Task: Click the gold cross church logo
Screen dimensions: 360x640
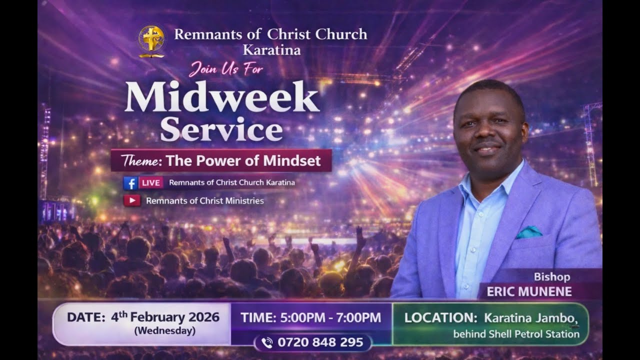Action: (x=151, y=41)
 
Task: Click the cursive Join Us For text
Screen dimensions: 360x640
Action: (x=225, y=68)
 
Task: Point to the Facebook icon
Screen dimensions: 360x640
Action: (x=130, y=183)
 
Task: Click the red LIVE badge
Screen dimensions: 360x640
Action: (x=151, y=183)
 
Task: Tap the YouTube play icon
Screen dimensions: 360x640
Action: (x=131, y=200)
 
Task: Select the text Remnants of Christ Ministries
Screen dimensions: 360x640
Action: (x=204, y=201)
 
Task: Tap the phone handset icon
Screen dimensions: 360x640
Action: (x=267, y=343)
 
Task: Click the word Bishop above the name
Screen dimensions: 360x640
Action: (x=551, y=276)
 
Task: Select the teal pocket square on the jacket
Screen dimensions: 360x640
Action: (x=529, y=232)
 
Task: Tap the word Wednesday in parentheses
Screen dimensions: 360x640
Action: (x=164, y=330)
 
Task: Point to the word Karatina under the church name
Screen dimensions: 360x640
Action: (x=271, y=50)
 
